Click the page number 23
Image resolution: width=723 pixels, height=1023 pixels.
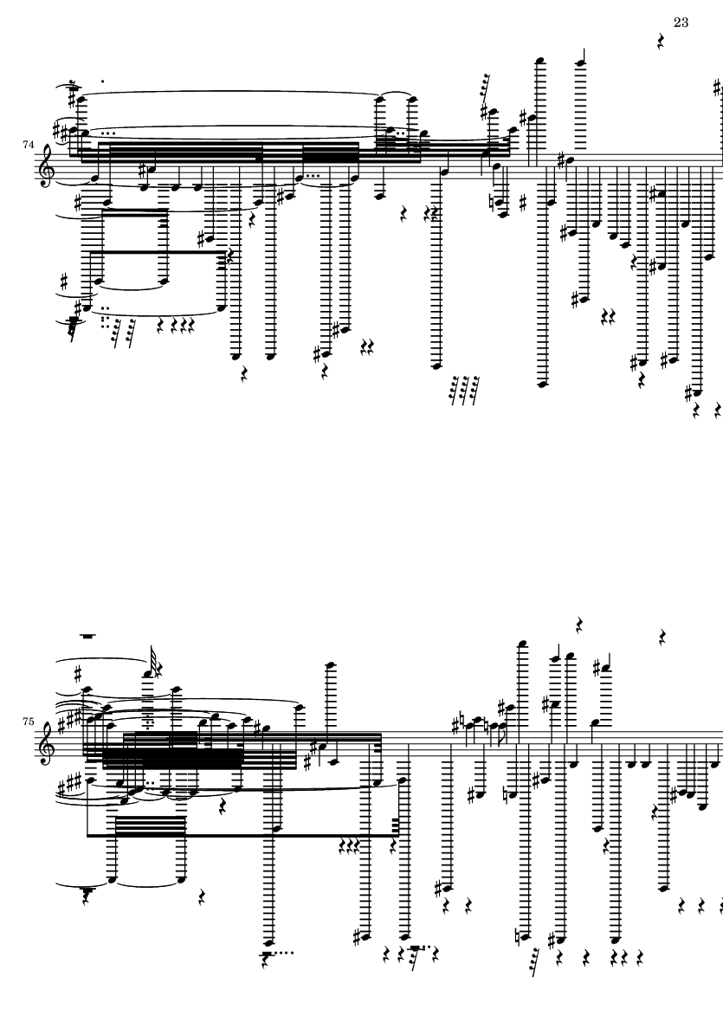[680, 23]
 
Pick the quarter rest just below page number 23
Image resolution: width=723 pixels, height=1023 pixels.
[660, 41]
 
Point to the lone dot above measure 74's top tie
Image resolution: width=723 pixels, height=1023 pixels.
[104, 81]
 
